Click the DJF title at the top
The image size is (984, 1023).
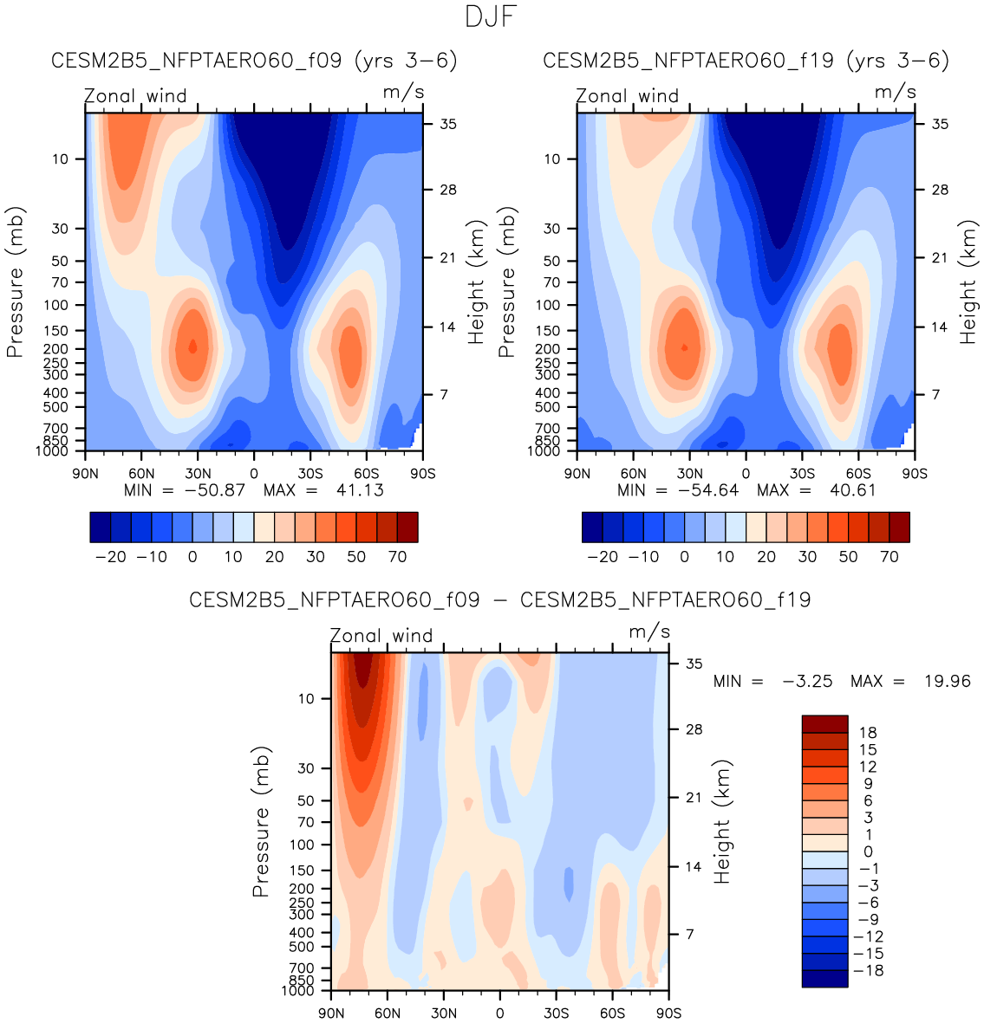[491, 16]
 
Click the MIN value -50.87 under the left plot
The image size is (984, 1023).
[212, 490]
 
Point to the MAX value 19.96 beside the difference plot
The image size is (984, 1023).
[947, 682]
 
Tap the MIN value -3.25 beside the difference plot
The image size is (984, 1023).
[807, 682]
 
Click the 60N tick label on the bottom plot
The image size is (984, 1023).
[388, 1013]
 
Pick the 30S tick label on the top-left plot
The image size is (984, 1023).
[310, 473]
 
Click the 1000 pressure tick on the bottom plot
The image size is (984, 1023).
[298, 990]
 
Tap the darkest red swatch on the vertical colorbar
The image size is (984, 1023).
[824, 724]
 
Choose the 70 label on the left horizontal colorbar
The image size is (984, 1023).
[397, 557]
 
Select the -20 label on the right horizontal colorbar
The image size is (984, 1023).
[603, 557]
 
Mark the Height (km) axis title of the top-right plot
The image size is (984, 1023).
[968, 282]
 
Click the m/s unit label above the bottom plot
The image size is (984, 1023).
[649, 632]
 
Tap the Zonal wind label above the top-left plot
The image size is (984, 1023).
[136, 95]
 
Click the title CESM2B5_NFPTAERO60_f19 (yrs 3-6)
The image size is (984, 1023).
[746, 61]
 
